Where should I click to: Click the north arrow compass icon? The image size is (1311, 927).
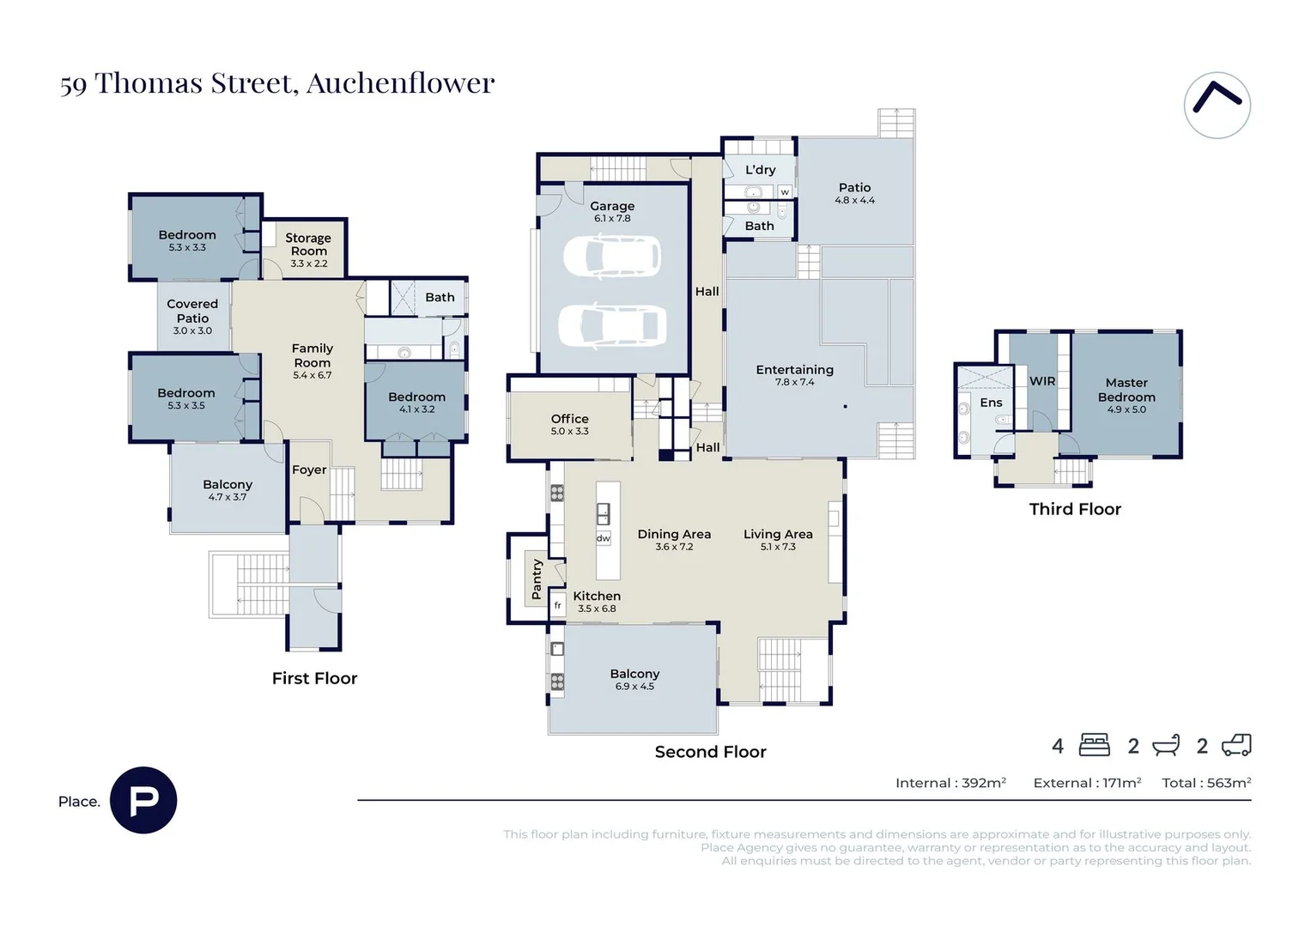tap(1217, 105)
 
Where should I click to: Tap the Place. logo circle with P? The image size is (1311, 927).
tap(143, 800)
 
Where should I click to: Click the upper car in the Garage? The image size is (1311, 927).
tap(612, 257)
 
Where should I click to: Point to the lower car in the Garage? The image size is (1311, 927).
tap(612, 324)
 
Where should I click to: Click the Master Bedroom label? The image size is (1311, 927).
tap(1126, 389)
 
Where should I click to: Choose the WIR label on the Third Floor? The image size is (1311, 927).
tap(1042, 381)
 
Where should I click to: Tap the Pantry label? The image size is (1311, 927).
tap(537, 579)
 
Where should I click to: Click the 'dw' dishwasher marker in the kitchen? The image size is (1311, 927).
tap(604, 538)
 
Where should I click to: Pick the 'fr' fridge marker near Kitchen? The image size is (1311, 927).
tap(557, 605)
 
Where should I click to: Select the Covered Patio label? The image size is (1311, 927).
tap(192, 311)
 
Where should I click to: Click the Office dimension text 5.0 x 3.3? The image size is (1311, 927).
tap(570, 431)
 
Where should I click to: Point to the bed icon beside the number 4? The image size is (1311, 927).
tap(1094, 745)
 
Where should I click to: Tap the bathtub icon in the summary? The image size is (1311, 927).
tap(1166, 745)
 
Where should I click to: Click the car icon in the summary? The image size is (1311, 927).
tap(1236, 745)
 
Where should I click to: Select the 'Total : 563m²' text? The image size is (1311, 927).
tap(1206, 783)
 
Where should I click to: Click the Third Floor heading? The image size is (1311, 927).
tap(1075, 509)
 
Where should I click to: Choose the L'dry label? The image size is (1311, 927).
tap(760, 170)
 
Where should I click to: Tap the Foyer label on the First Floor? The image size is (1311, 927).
tap(309, 470)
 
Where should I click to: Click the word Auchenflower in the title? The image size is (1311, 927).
tap(400, 83)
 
